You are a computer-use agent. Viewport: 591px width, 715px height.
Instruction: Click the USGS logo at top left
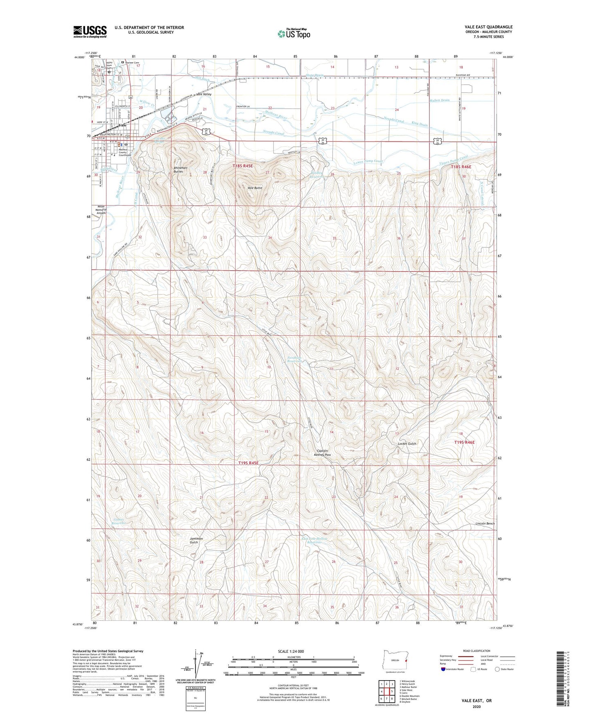90,32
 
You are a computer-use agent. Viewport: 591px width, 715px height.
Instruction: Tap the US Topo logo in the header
293,34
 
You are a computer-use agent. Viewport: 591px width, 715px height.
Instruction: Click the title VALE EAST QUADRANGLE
488,27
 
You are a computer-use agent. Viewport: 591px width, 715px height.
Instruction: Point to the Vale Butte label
255,188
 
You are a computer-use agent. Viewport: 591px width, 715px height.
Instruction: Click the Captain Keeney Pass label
322,453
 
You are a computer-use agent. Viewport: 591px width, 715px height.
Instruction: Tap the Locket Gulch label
407,443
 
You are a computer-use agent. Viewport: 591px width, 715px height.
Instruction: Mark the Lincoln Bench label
485,524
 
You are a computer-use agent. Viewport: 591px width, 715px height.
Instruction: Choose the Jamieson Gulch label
196,540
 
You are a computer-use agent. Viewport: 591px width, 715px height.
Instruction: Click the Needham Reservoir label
294,359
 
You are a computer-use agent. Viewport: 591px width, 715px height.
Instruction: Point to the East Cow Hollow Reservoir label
314,540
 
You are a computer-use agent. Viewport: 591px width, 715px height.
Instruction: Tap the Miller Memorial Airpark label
101,210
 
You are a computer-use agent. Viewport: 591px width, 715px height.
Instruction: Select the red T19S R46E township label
464,442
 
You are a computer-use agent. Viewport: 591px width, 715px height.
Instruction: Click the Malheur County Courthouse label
123,153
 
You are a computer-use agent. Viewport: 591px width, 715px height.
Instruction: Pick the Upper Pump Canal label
453,161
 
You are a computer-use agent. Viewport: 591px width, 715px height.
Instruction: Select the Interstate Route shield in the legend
443,669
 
